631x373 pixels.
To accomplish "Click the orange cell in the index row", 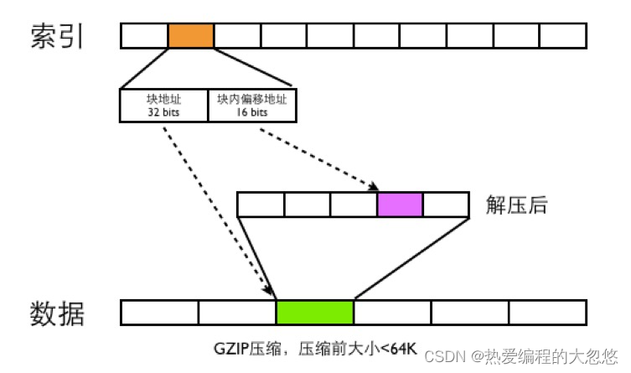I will click(x=190, y=36).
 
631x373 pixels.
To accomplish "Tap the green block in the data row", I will click(x=314, y=312).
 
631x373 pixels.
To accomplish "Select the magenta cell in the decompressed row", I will click(x=400, y=205).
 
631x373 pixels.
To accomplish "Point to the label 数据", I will click(x=56, y=312).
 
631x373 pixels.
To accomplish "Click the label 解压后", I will click(x=517, y=205).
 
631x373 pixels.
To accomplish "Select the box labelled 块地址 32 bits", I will click(x=163, y=104).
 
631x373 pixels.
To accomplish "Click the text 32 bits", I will click(x=163, y=111).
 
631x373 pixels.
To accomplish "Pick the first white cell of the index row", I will click(x=144, y=36).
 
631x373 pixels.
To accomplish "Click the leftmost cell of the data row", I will click(x=159, y=312).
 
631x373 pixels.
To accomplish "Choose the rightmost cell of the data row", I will click(x=547, y=312).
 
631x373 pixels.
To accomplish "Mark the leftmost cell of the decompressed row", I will click(x=261, y=205).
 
